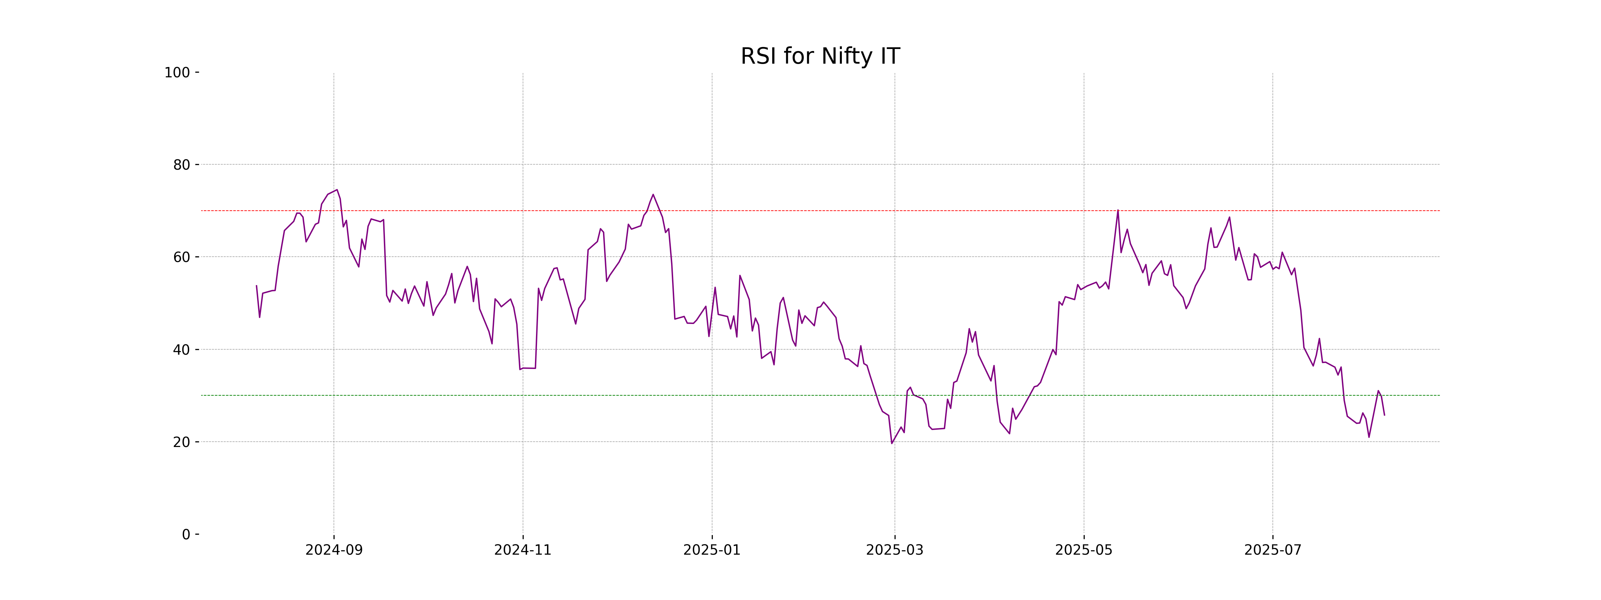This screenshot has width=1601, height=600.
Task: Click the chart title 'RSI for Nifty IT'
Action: (820, 57)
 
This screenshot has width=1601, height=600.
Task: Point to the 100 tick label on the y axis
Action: (177, 73)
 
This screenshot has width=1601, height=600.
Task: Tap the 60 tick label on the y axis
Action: (181, 257)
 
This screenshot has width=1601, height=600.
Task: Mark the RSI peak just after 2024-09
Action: (337, 190)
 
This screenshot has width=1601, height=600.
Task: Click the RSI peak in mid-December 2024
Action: (653, 194)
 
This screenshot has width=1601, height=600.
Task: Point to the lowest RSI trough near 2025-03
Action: (892, 443)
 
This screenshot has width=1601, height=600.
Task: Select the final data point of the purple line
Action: (1384, 415)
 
